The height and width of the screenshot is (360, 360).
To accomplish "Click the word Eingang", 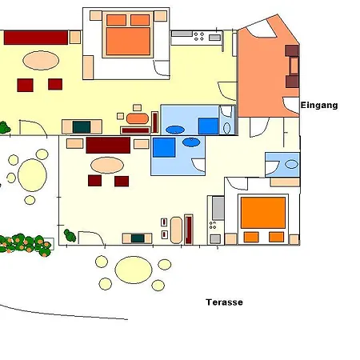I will click(x=319, y=105).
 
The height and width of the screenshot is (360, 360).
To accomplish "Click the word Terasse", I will click(x=224, y=302).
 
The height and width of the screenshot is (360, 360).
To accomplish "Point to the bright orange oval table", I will click(x=138, y=118).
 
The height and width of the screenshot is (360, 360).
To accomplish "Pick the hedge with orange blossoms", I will click(x=24, y=243).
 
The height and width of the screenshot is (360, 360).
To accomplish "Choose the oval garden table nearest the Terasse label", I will click(x=133, y=270).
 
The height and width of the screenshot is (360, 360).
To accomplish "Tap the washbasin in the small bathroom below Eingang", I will click(x=291, y=164).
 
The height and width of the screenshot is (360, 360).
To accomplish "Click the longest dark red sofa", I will click(x=35, y=37).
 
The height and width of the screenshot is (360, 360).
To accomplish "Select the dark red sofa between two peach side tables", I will click(x=108, y=145).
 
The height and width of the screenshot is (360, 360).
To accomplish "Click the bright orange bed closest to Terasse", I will click(x=263, y=213).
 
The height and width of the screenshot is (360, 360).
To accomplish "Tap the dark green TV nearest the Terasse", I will click(x=138, y=238).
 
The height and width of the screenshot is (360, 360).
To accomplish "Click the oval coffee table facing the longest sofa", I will click(x=40, y=60).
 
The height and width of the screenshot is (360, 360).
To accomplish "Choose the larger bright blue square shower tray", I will click(x=164, y=148).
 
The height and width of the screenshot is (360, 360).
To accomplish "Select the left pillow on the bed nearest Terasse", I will click(x=251, y=237).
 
